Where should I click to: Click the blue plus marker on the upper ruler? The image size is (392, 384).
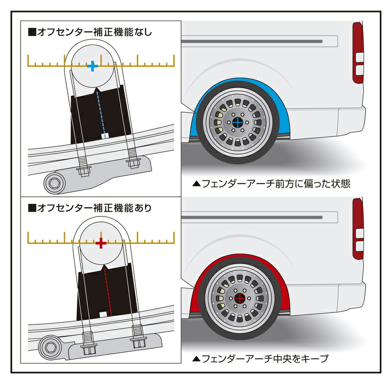coord(92,67)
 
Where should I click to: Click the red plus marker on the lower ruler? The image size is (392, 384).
coord(101,243)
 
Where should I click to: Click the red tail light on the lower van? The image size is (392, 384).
coord(358,228)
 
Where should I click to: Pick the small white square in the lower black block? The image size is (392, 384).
coord(103,313)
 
